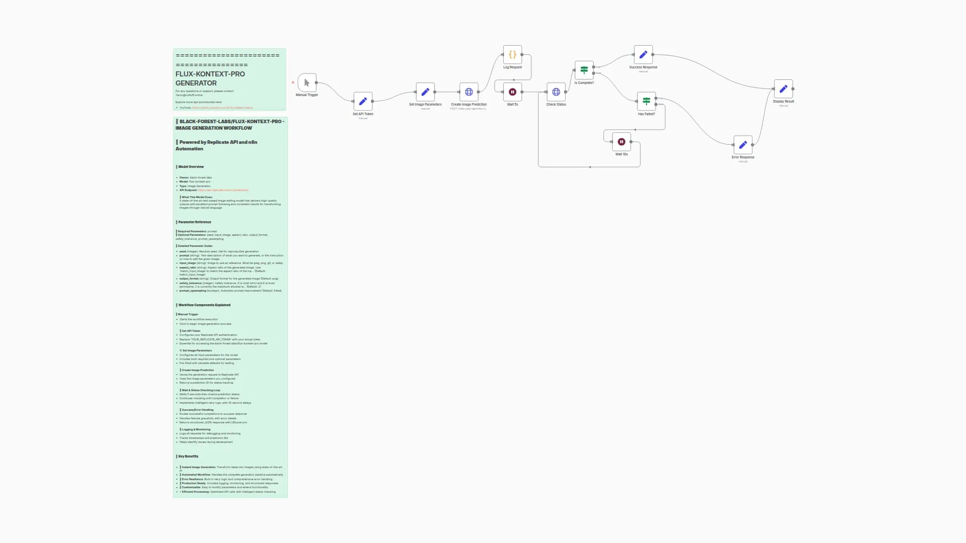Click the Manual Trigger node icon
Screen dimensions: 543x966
[x=307, y=82]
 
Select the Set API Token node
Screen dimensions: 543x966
[x=363, y=101]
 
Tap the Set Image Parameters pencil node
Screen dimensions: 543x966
[x=425, y=92]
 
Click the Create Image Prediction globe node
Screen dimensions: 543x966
[x=469, y=92]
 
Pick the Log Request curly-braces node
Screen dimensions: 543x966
[x=512, y=54]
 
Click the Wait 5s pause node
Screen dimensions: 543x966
[x=512, y=92]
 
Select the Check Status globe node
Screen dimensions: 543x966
[x=556, y=92]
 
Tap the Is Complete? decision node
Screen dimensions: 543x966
[x=584, y=70]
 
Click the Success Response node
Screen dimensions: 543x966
[x=643, y=54]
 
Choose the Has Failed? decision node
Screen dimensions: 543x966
[x=647, y=101]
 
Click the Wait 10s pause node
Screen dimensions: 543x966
[x=621, y=142]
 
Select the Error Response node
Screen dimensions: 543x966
[x=743, y=145]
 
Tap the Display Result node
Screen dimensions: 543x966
[x=783, y=89]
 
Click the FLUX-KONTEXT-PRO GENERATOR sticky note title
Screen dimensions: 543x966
[x=210, y=78]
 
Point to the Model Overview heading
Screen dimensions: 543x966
[x=191, y=167]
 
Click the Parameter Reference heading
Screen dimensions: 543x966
[x=195, y=222]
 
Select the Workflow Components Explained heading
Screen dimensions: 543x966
[x=204, y=305]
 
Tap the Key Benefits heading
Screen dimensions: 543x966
[x=188, y=457]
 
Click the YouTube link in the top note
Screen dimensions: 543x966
[x=222, y=108]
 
